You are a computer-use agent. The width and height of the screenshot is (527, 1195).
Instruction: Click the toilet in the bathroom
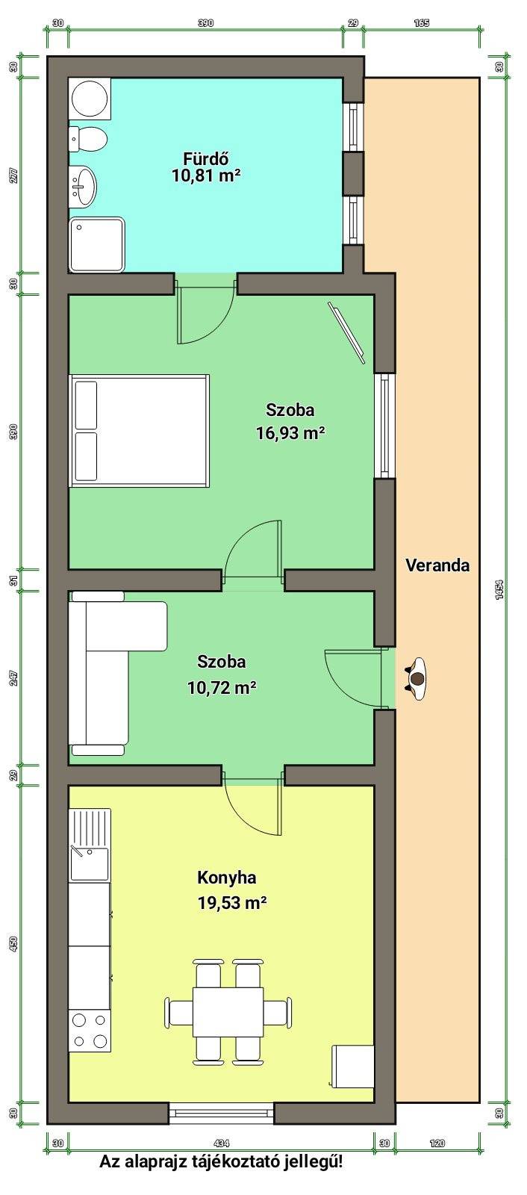[89, 139]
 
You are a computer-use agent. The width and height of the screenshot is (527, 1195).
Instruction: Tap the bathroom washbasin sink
[83, 186]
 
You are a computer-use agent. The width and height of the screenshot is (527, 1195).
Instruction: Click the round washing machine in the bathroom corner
[90, 98]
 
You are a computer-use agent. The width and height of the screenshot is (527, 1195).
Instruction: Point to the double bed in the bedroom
[140, 430]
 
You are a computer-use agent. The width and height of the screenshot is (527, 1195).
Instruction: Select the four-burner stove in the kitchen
[90, 1031]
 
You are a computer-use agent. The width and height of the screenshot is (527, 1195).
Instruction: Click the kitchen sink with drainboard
[90, 845]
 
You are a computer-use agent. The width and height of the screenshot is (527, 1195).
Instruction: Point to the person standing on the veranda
[417, 679]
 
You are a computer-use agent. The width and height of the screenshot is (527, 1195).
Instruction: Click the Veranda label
[437, 565]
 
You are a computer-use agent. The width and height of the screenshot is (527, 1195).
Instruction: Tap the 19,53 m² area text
[232, 903]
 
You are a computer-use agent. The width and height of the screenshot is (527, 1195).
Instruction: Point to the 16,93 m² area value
[290, 432]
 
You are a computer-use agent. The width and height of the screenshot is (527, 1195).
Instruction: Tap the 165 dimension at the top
[422, 23]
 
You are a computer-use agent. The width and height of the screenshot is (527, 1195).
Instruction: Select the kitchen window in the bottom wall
[222, 1112]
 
